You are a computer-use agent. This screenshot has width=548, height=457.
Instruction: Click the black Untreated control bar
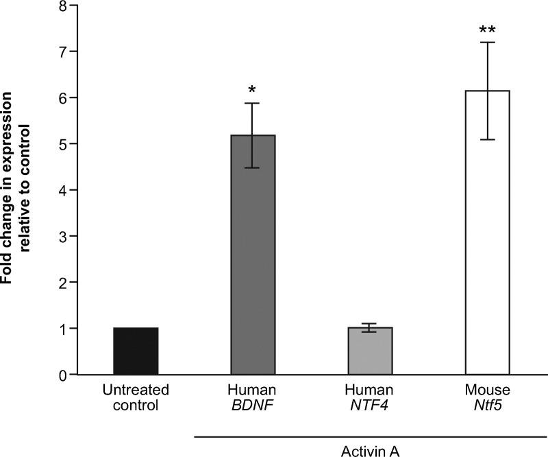click(136, 351)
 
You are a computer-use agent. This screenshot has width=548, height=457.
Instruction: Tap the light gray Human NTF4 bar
click(370, 351)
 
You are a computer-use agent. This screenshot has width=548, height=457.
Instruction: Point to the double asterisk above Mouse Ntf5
click(487, 30)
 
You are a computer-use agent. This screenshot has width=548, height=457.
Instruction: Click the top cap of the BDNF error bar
click(253, 104)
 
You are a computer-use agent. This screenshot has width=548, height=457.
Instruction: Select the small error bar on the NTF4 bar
click(370, 328)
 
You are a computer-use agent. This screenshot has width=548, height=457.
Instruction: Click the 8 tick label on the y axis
click(63, 6)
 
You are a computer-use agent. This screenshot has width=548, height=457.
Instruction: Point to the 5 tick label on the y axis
click(63, 144)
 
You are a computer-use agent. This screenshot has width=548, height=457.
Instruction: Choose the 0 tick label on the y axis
click(63, 375)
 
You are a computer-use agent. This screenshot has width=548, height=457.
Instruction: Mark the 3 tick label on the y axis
click(63, 237)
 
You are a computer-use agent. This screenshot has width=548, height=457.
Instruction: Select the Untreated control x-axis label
click(136, 397)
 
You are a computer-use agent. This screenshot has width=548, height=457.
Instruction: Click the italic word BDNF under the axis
click(253, 405)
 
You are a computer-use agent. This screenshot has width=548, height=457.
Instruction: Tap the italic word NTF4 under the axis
click(370, 405)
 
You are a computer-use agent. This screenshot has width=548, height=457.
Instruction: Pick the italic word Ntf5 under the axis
click(487, 405)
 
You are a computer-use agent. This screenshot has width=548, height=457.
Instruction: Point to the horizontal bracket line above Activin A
click(370, 434)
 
